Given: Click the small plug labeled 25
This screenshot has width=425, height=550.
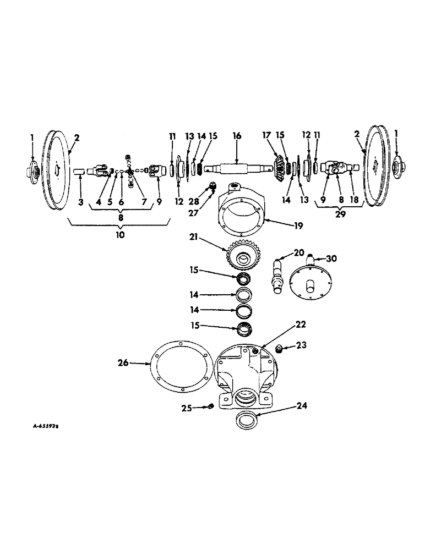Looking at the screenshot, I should tap(210, 407).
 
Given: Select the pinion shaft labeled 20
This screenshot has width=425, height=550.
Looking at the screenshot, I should tap(279, 273).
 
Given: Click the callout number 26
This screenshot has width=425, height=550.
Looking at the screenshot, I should tap(122, 363).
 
